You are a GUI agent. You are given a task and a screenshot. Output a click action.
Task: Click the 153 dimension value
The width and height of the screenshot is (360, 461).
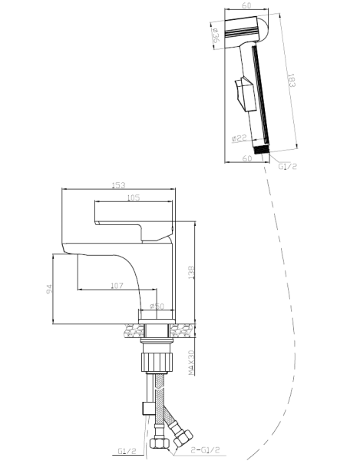click(119, 185)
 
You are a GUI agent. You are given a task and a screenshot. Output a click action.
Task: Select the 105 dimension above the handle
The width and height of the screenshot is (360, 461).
click(134, 197)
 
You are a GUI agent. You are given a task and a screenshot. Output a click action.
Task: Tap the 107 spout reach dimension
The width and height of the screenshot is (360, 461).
click(117, 285)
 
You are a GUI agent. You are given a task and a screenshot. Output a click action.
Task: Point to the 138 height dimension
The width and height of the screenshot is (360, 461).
click(191, 273)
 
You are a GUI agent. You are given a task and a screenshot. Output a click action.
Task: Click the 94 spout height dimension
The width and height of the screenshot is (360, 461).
click(49, 288)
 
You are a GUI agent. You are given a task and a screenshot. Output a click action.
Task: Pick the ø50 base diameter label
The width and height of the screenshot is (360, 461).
click(157, 306)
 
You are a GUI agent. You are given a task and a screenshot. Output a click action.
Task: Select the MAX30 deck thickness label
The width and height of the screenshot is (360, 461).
click(191, 362)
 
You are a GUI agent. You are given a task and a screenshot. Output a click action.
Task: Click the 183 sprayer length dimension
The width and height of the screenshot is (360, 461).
click(291, 80)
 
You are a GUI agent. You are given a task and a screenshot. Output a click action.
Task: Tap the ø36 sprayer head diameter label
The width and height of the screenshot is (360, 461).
click(215, 35)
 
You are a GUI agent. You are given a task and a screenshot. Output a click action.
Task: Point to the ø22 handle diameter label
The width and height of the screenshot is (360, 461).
click(239, 138)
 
